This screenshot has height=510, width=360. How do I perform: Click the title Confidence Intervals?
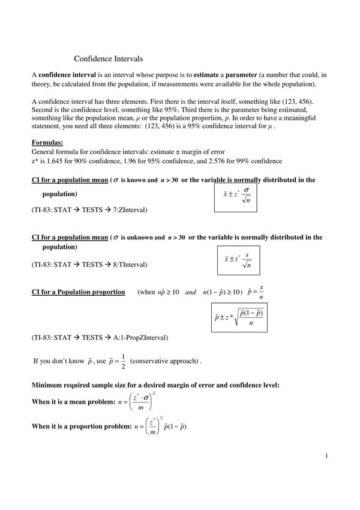108,59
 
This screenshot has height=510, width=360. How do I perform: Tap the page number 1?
326,456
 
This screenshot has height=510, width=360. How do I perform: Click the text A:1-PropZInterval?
136,338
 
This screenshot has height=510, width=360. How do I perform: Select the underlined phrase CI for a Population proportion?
78,292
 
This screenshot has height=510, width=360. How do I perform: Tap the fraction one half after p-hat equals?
123,361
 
